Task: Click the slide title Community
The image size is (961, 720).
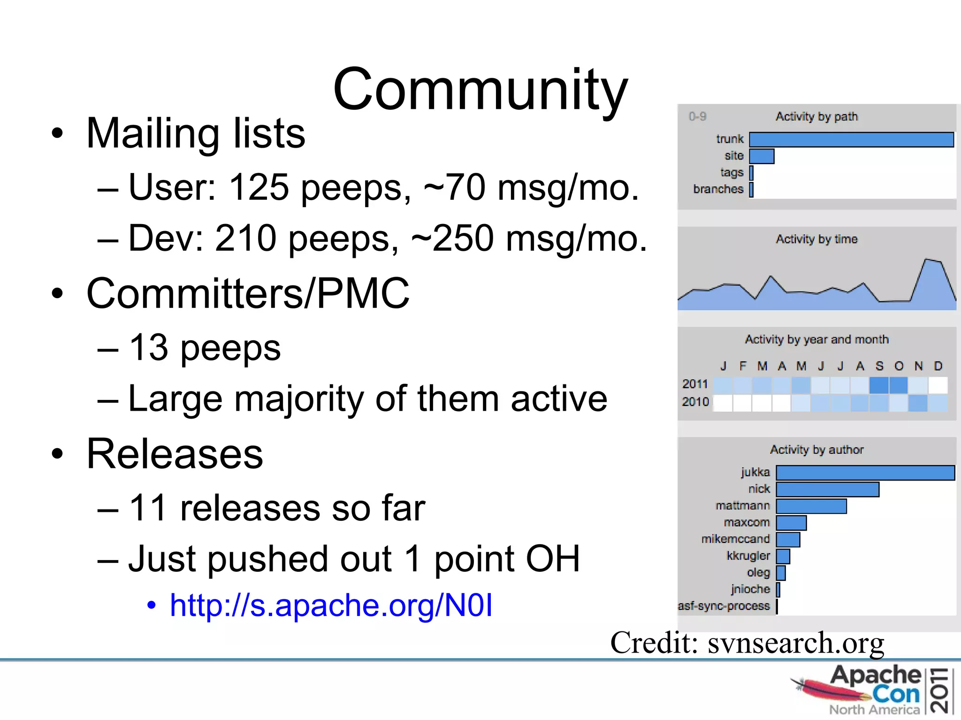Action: [480, 89]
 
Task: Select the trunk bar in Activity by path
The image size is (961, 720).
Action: [851, 140]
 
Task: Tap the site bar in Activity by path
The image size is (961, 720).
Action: [762, 156]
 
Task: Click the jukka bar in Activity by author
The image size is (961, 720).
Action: [865, 472]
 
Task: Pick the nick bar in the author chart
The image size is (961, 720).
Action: [827, 489]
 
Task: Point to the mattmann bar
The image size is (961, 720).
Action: [811, 506]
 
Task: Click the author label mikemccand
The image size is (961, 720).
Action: [735, 539]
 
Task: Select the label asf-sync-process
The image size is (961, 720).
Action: [724, 606]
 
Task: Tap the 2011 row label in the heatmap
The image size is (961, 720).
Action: [695, 384]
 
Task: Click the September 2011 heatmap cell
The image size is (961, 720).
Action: [879, 385]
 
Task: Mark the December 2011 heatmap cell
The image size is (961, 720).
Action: [938, 385]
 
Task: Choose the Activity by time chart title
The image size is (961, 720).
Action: [816, 239]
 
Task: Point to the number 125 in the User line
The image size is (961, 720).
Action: [259, 187]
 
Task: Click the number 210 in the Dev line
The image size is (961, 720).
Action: [245, 238]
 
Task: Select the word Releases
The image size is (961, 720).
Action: [175, 454]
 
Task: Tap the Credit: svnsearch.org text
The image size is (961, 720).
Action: [747, 643]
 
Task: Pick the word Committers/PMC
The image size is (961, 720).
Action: [248, 293]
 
